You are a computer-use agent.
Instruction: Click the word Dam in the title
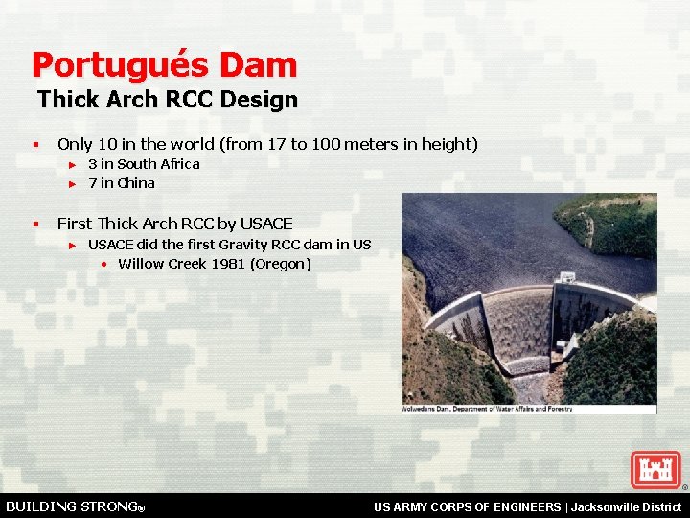258,65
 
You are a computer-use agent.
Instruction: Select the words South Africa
158,164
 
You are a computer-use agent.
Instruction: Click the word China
135,183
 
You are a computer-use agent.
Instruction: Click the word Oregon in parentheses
280,264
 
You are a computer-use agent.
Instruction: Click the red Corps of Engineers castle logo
655,470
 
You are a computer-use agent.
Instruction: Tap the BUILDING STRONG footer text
76,506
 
